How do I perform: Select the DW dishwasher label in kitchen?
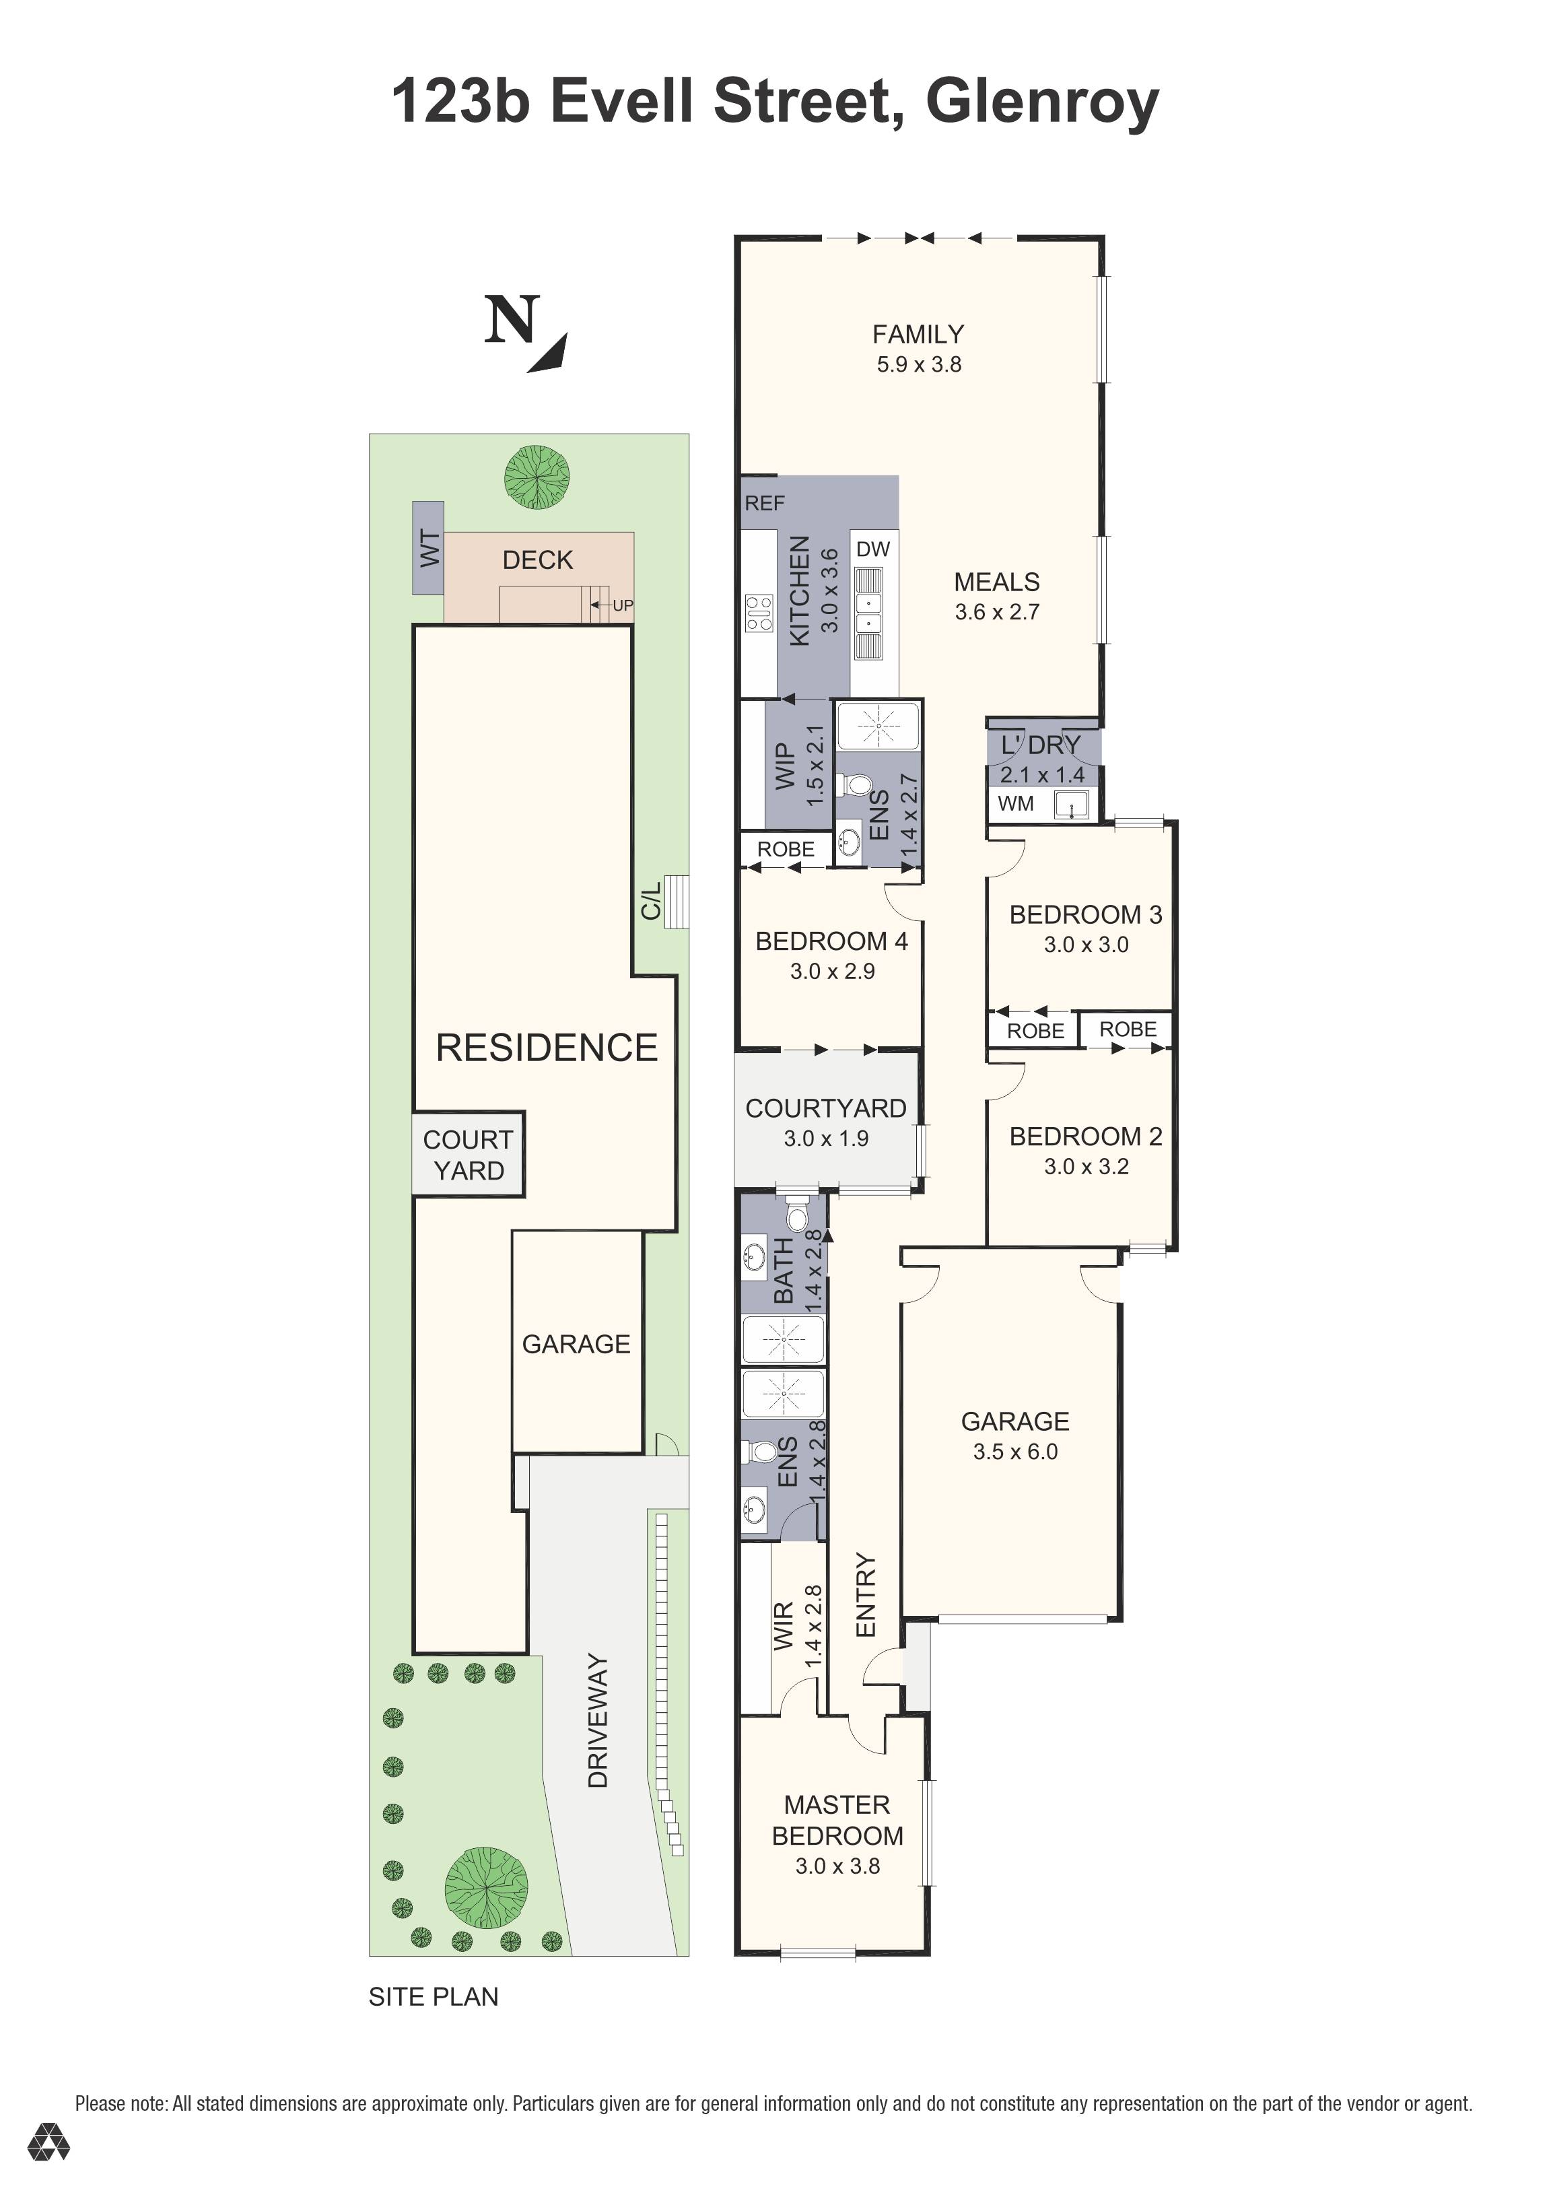[873, 550]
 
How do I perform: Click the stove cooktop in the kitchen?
[759, 613]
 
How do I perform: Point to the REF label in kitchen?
[765, 504]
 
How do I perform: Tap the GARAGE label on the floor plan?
[1015, 1421]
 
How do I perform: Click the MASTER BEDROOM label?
[837, 1820]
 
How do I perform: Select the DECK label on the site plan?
[537, 560]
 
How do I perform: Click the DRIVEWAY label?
[598, 1720]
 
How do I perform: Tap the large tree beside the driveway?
[486, 1889]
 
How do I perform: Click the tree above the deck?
[537, 477]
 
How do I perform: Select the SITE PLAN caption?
[433, 1997]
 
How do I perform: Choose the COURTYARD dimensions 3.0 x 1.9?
[826, 1139]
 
